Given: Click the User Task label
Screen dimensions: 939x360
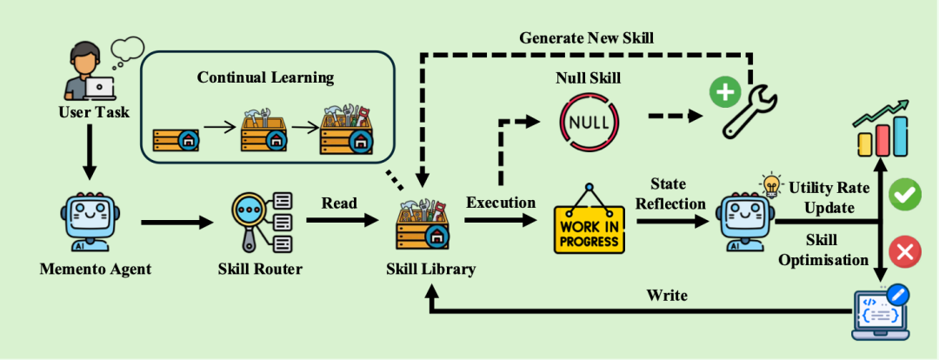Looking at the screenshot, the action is click(93, 111).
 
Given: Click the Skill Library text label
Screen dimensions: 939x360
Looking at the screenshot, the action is click(431, 269).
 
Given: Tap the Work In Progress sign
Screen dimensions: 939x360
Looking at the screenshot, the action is click(589, 220).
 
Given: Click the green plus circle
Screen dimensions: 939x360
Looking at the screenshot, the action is click(724, 95).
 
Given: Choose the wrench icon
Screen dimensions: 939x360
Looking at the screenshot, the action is click(746, 110).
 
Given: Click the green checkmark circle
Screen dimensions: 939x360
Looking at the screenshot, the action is click(904, 197).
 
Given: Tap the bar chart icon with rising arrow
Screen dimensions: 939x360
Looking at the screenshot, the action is click(883, 130).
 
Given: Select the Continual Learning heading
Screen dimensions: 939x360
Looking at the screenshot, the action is click(266, 77).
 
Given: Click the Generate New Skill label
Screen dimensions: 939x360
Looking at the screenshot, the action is click(586, 37).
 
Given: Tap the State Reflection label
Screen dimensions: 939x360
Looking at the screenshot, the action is click(670, 193).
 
